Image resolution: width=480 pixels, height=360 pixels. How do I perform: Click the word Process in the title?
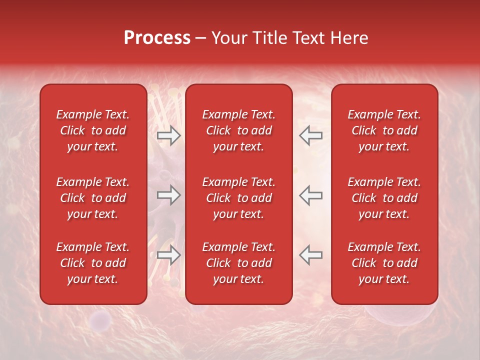pos(157,38)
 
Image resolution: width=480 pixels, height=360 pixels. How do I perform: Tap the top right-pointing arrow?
pos(168,135)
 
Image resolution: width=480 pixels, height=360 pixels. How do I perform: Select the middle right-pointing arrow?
pos(168,195)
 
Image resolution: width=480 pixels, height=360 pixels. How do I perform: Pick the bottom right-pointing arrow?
pos(168,255)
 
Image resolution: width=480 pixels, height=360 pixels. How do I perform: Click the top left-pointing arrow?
pos(311,135)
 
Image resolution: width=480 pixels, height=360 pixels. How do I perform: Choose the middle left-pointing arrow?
pos(311,195)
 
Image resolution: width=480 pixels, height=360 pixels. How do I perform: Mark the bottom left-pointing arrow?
pos(311,255)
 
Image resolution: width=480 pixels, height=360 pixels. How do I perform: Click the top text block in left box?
pos(93,130)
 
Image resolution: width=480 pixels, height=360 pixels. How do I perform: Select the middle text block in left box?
pos(93,198)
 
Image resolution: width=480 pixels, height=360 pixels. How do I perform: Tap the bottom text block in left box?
pos(93,263)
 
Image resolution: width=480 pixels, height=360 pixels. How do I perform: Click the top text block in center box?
pos(238,130)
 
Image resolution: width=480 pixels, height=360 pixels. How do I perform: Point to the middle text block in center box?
pos(238,198)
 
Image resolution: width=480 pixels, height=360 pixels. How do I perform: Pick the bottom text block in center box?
pos(238,263)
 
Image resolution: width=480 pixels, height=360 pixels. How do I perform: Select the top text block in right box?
pos(384,130)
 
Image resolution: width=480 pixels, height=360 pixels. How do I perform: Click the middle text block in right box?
pos(384,198)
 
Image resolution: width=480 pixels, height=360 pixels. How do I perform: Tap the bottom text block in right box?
pos(384,263)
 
